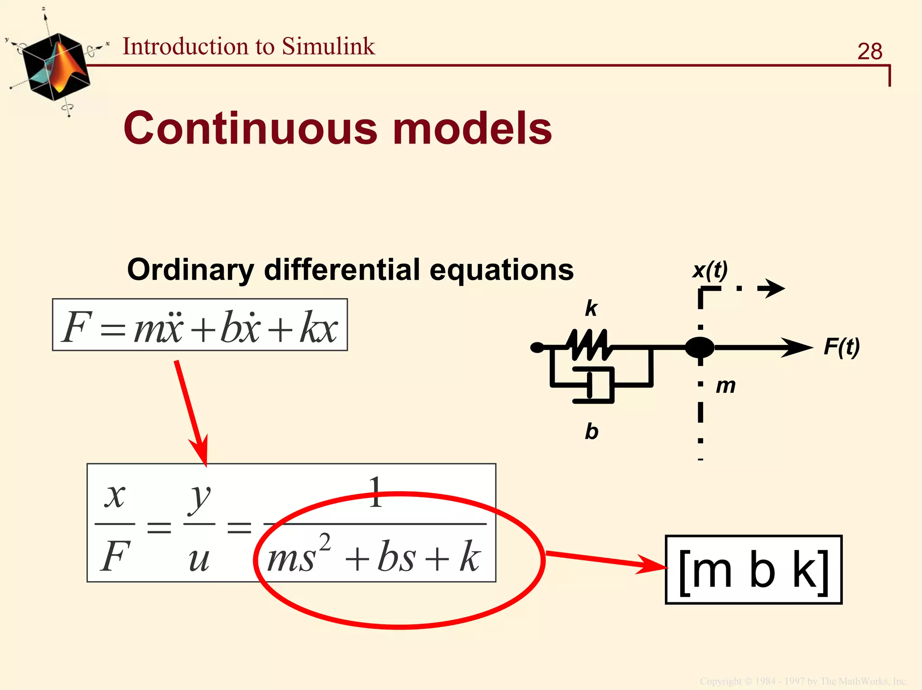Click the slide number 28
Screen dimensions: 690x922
[x=869, y=51]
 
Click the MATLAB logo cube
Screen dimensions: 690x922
[x=56, y=67]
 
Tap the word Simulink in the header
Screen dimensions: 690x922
[x=328, y=46]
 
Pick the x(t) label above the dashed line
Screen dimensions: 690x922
[x=710, y=270]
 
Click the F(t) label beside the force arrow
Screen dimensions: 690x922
[x=841, y=347]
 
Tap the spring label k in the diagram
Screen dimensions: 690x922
[x=591, y=309]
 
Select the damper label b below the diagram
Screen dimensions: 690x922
[x=592, y=432]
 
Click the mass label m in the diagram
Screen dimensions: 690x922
[x=726, y=386]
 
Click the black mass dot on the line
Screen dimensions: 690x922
[x=700, y=347]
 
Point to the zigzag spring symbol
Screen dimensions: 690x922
[x=590, y=345]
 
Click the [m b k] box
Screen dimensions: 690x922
[x=754, y=569]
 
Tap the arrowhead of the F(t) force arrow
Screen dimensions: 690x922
[x=799, y=347]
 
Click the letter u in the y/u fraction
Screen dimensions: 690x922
[x=199, y=559]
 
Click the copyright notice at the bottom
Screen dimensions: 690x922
[x=803, y=681]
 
